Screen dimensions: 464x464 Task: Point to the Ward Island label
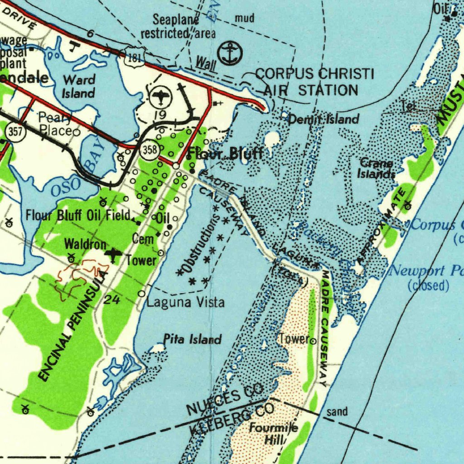[x=79, y=87]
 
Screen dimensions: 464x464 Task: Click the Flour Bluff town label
[x=225, y=153]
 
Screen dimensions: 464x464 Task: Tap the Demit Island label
[x=324, y=120]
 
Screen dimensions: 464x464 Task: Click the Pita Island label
[x=192, y=339]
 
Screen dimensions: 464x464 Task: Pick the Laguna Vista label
[x=185, y=302]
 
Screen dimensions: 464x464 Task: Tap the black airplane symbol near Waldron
[x=113, y=255]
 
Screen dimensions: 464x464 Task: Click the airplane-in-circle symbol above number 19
[x=159, y=96]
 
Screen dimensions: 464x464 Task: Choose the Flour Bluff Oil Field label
[x=78, y=215]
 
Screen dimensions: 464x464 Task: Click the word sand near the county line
[x=337, y=411]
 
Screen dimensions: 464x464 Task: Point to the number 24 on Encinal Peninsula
[x=111, y=300]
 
